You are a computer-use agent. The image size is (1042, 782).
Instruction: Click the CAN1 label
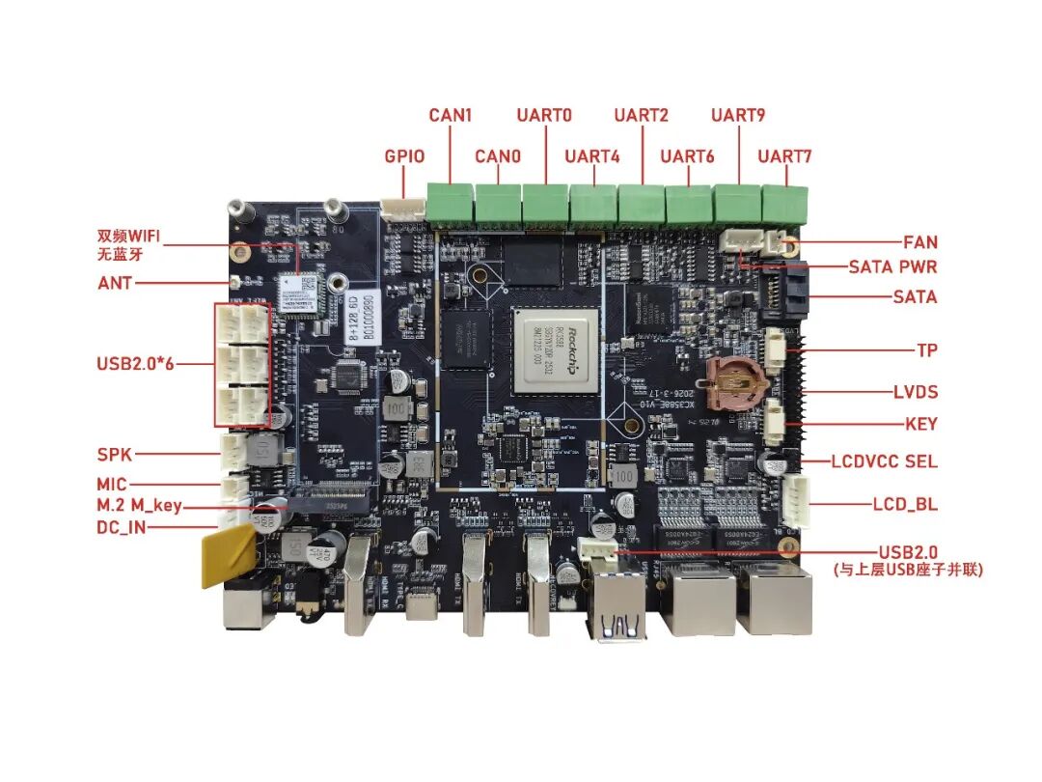(x=451, y=116)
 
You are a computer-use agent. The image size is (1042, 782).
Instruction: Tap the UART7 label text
(x=784, y=155)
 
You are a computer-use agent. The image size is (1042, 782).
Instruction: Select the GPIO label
(x=404, y=155)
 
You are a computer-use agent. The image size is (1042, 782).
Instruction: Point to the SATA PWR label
(x=892, y=266)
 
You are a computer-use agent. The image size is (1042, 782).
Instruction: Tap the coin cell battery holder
(x=736, y=382)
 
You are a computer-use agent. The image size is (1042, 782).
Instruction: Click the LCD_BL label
(x=905, y=504)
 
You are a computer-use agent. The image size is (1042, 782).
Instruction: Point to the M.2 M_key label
(x=139, y=506)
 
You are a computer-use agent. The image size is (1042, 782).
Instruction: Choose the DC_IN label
(x=122, y=528)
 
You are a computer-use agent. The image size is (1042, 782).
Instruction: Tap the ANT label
(x=115, y=284)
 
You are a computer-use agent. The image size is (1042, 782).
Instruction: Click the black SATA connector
(x=783, y=293)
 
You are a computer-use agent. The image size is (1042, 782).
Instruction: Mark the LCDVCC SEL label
(x=884, y=461)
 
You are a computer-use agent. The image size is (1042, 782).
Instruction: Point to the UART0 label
(x=544, y=116)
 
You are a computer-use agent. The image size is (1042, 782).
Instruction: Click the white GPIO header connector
(x=403, y=209)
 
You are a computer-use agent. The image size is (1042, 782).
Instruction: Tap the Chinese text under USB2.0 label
(x=908, y=571)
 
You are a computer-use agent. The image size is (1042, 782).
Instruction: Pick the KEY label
(x=921, y=424)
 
